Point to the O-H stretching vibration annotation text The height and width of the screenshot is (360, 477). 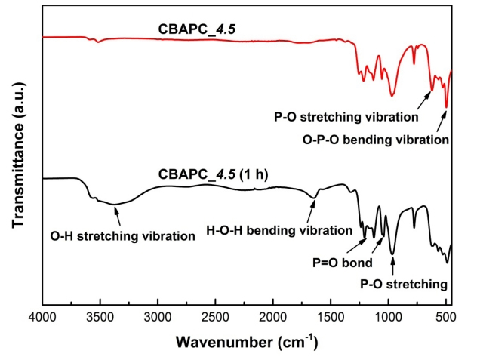(123, 236)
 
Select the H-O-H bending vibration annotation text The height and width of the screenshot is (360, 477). (280, 229)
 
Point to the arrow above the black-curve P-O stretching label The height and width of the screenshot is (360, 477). (392, 266)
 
